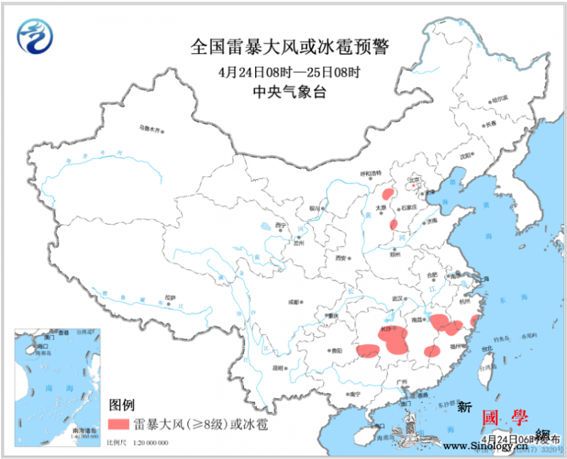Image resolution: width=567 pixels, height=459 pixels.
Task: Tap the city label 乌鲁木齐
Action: pyautogui.click(x=150, y=129)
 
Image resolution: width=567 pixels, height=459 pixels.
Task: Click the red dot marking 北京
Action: pyautogui.click(x=414, y=186)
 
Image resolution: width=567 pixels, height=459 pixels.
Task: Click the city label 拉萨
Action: pyautogui.click(x=170, y=297)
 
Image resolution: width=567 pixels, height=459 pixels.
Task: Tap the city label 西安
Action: pyautogui.click(x=343, y=258)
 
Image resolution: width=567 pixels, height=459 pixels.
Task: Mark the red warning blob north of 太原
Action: pyautogui.click(x=388, y=193)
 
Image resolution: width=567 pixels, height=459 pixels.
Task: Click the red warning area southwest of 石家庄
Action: pyautogui.click(x=393, y=225)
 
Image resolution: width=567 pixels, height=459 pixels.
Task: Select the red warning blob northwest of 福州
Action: pyautogui.click(x=430, y=351)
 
